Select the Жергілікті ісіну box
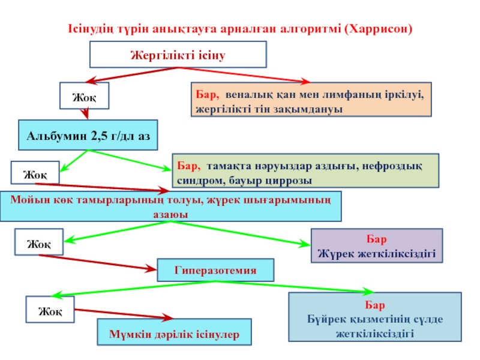[x=178, y=55]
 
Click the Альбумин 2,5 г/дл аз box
[x=88, y=136]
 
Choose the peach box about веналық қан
[x=310, y=100]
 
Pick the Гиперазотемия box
[x=215, y=271]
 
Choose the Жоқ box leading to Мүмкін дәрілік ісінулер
[x=50, y=310]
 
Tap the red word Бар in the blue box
[x=375, y=305]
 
